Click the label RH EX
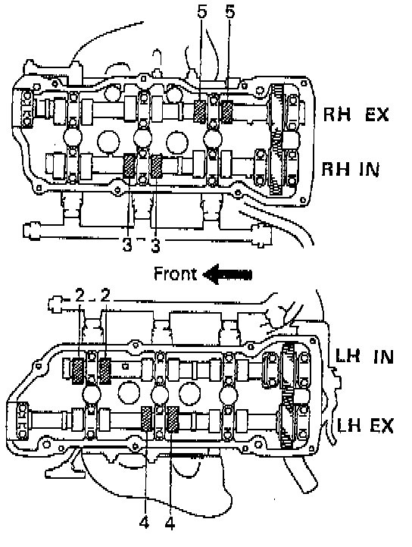click(355, 114)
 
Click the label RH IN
click(350, 169)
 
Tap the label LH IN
click(364, 357)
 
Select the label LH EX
click(365, 426)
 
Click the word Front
click(175, 273)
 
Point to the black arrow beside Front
click(227, 274)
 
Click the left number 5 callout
click(201, 11)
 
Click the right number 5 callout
click(230, 11)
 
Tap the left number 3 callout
click(127, 245)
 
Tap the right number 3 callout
click(155, 245)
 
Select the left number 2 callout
click(80, 295)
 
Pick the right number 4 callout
click(170, 523)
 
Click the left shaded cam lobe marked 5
click(200, 111)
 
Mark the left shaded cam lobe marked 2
click(78, 371)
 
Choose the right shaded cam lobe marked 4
click(173, 419)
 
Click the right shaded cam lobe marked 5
click(227, 111)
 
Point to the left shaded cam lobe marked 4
click(146, 419)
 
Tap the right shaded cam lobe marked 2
click(105, 371)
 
